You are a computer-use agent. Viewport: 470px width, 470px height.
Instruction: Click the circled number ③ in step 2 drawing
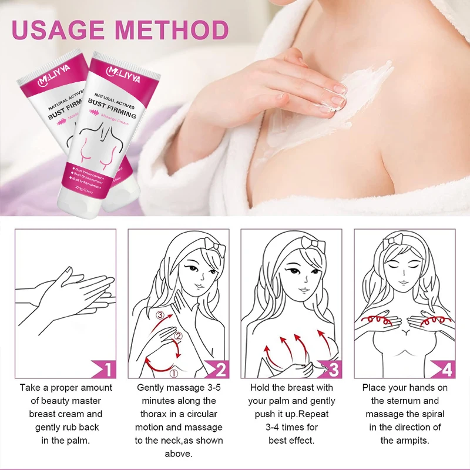pyautogui.click(x=160, y=315)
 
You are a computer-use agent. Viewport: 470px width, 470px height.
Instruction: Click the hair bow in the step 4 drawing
pyautogui.click(x=393, y=243)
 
